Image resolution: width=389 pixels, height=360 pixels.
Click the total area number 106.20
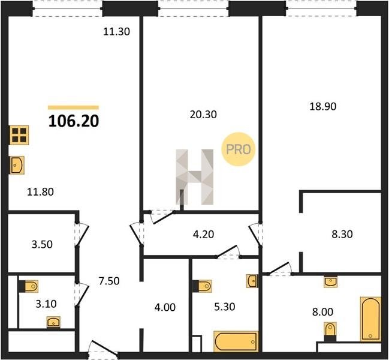click(74, 121)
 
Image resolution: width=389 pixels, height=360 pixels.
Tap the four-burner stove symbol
click(19, 135)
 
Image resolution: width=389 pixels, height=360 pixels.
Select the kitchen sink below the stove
click(17, 165)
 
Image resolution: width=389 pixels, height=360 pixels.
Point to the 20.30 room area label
click(203, 115)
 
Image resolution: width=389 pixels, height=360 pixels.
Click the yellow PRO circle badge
click(238, 149)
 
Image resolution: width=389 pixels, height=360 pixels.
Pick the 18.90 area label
click(322, 107)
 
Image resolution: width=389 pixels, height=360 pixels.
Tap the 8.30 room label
click(342, 234)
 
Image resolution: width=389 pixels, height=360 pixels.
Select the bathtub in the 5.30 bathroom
click(236, 342)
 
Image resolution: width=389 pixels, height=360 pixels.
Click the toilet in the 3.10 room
click(28, 286)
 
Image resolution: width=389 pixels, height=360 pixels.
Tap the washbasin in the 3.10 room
click(53, 322)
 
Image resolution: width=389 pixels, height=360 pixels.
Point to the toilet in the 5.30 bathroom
click(202, 286)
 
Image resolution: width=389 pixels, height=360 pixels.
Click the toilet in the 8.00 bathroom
click(330, 332)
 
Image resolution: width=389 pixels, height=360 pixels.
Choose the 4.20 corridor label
click(203, 235)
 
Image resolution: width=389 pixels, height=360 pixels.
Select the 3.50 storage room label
click(42, 245)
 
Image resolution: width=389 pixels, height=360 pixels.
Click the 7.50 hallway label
click(109, 281)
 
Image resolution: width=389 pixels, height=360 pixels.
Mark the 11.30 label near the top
click(116, 32)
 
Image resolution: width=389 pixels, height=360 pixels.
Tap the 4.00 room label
click(165, 307)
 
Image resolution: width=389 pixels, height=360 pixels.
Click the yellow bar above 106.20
click(74, 107)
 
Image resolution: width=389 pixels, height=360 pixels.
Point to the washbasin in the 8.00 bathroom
click(330, 282)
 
